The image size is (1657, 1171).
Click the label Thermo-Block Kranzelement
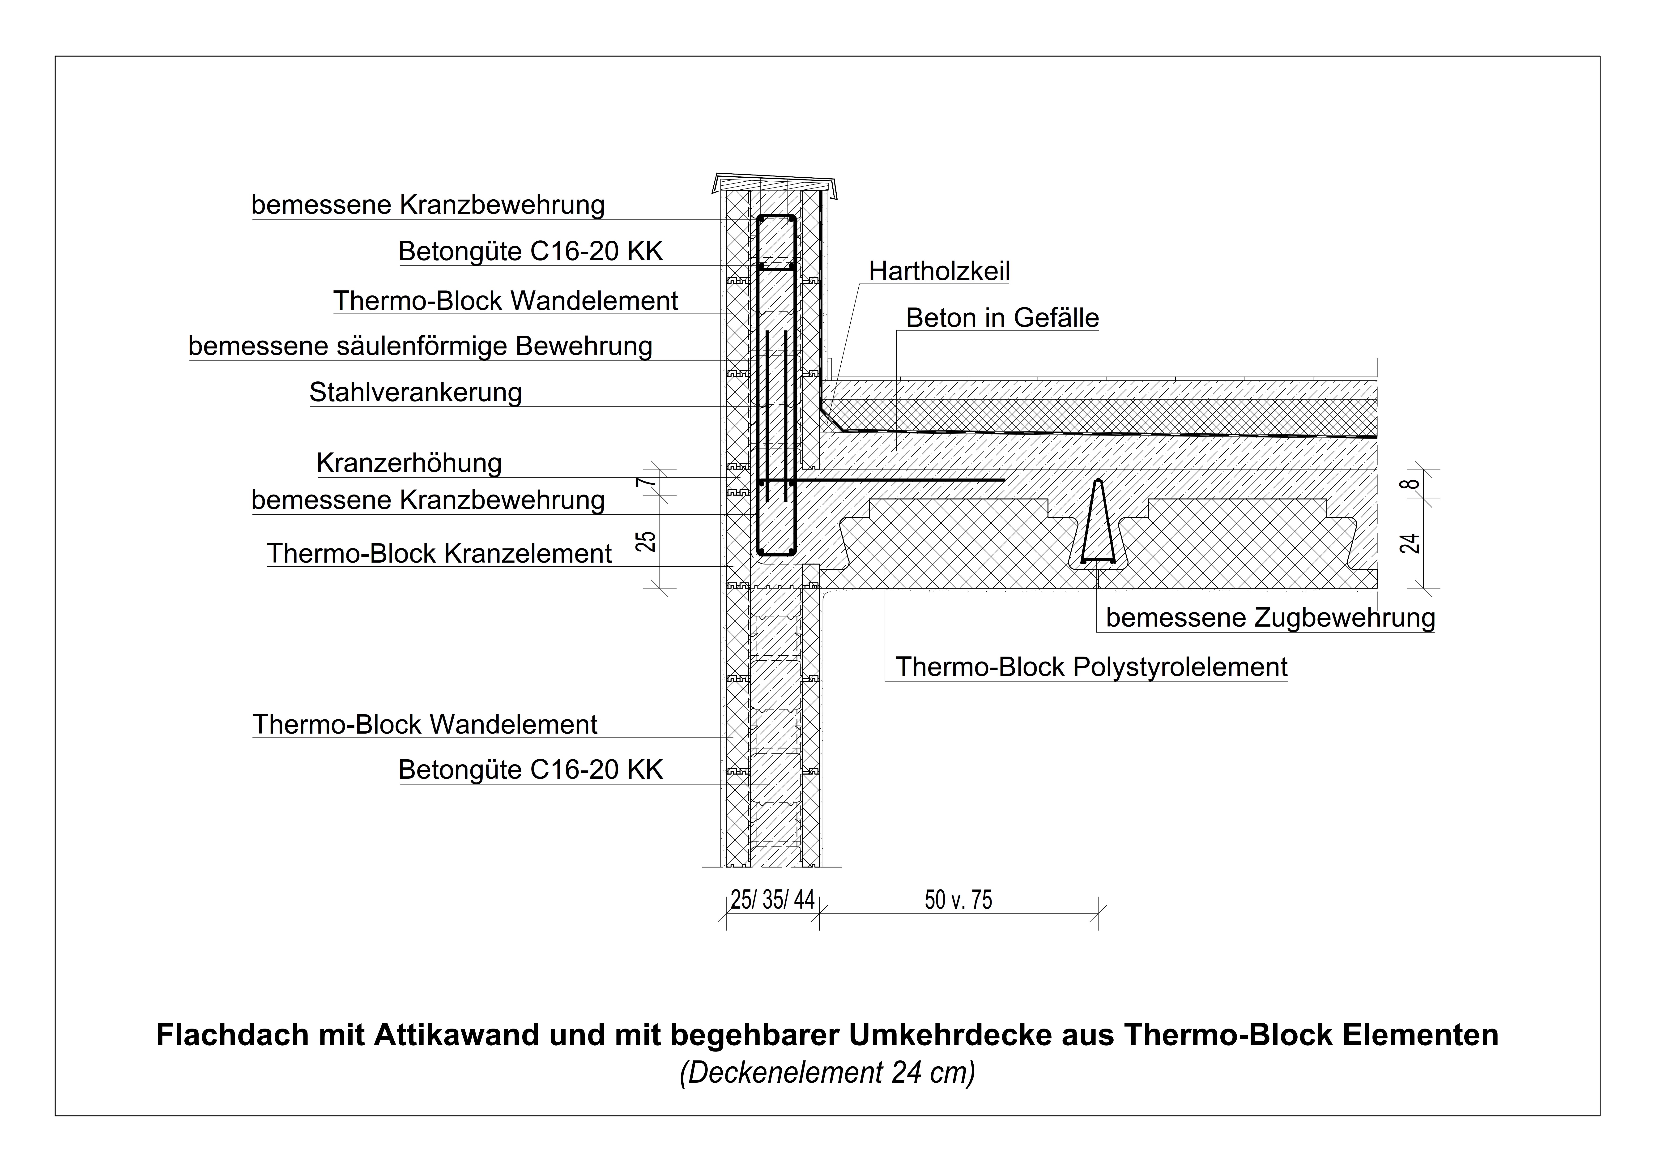439,554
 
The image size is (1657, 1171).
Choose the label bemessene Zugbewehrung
1270,618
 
